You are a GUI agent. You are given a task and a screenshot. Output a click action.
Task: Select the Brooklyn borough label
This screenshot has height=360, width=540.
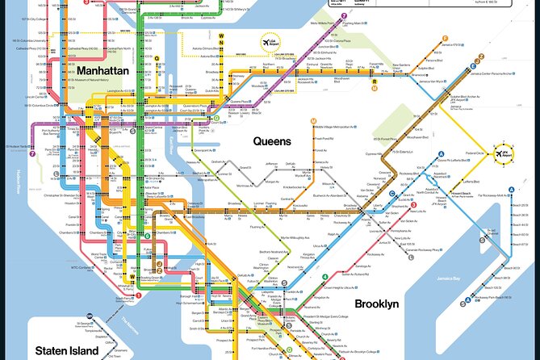(x=376, y=303)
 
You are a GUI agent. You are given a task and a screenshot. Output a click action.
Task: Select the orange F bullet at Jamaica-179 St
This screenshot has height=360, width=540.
(x=444, y=37)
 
